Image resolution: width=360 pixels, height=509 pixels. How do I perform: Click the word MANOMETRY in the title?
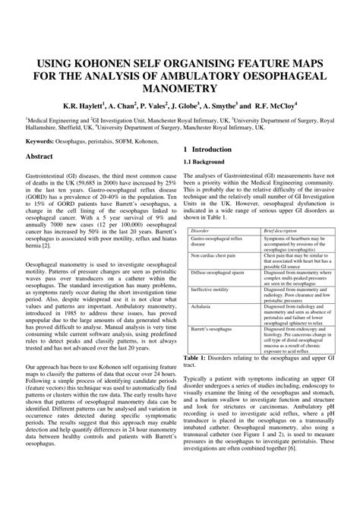180,91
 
